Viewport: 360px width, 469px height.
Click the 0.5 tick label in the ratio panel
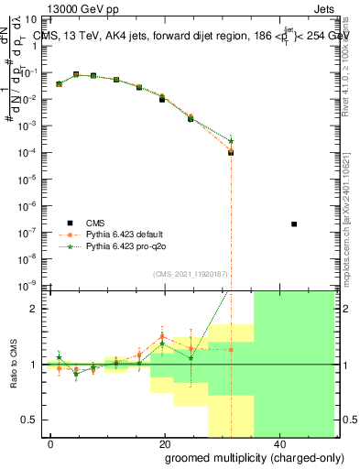(31, 420)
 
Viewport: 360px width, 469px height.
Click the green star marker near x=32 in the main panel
(231, 141)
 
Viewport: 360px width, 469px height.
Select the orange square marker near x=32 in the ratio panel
(231, 349)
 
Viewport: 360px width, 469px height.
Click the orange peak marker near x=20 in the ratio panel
(163, 336)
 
